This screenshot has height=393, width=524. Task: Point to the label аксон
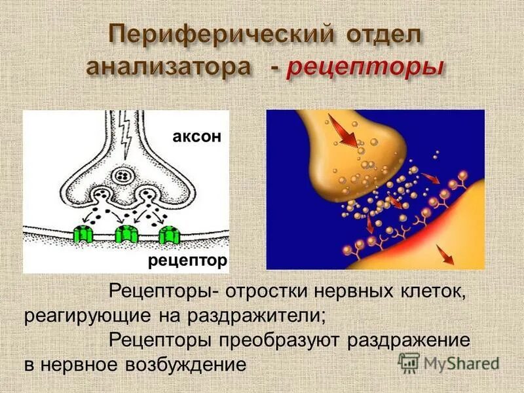(x=197, y=136)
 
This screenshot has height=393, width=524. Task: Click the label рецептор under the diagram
(x=187, y=261)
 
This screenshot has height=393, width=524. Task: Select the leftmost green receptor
(x=84, y=234)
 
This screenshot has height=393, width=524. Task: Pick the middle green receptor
(x=126, y=234)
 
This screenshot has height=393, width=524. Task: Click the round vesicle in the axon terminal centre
(x=122, y=176)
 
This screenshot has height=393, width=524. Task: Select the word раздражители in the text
(x=261, y=315)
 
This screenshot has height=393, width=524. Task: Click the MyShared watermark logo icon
(x=409, y=362)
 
